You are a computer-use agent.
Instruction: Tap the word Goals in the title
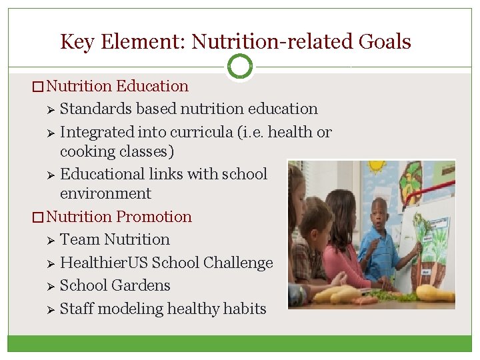pos(385,42)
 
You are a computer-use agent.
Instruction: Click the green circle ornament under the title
pos(240,66)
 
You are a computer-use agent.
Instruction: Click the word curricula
pos(201,132)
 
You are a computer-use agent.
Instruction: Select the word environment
pos(105,193)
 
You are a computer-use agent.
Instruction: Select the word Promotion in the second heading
pos(153,217)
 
